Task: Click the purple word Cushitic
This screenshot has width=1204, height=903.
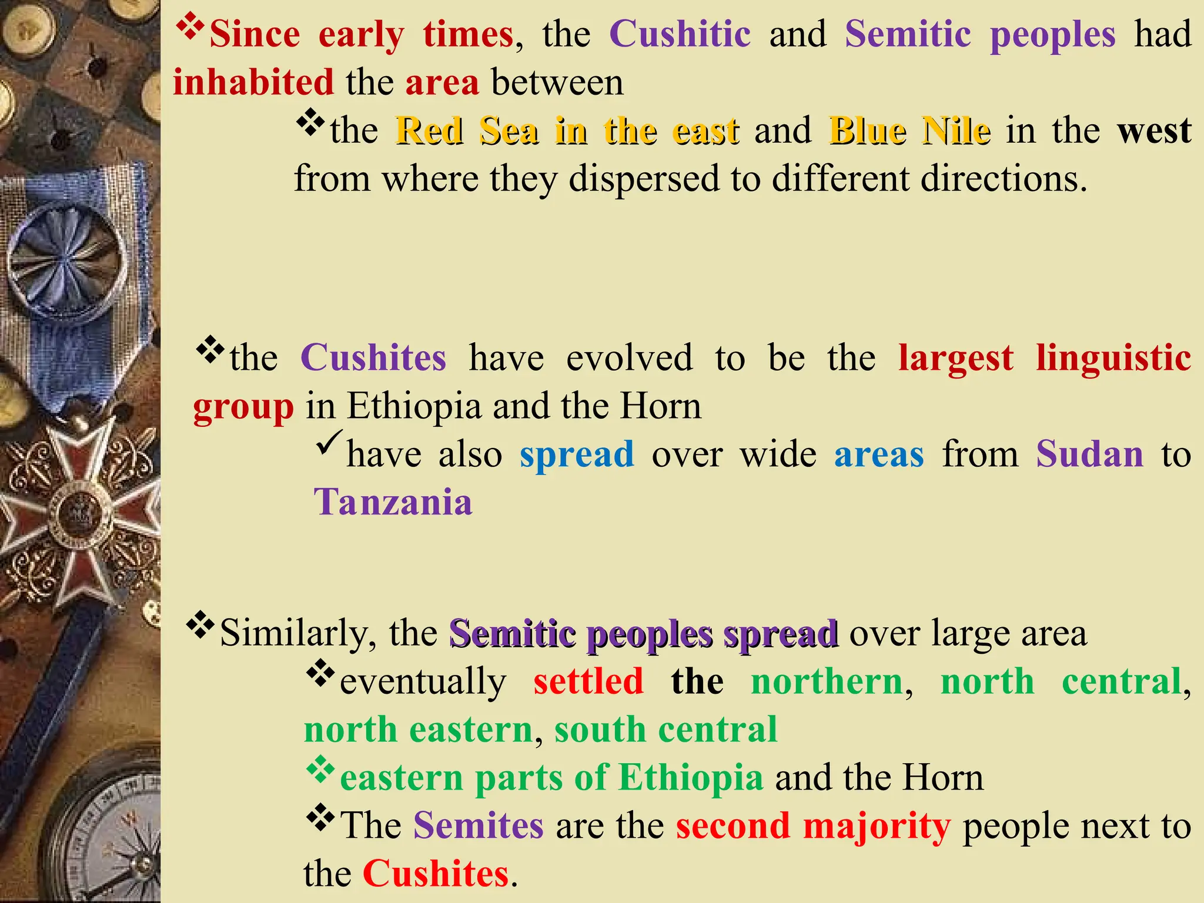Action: pyautogui.click(x=680, y=34)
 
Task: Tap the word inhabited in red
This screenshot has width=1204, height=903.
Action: pyautogui.click(x=253, y=82)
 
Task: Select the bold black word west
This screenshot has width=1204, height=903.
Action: pyautogui.click(x=1155, y=131)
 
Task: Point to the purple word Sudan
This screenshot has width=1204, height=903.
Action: pyautogui.click(x=1089, y=454)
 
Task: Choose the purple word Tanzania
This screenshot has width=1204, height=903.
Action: pyautogui.click(x=393, y=503)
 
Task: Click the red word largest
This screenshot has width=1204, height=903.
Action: pyautogui.click(x=956, y=358)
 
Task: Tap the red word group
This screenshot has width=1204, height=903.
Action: pyautogui.click(x=243, y=407)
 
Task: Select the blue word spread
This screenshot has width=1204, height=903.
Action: pyautogui.click(x=577, y=454)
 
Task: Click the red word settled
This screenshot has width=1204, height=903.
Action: pyautogui.click(x=588, y=682)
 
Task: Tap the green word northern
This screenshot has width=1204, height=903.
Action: pyautogui.click(x=827, y=682)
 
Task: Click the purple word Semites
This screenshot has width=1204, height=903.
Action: pyautogui.click(x=479, y=826)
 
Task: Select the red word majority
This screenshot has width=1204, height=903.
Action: pyautogui.click(x=877, y=826)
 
